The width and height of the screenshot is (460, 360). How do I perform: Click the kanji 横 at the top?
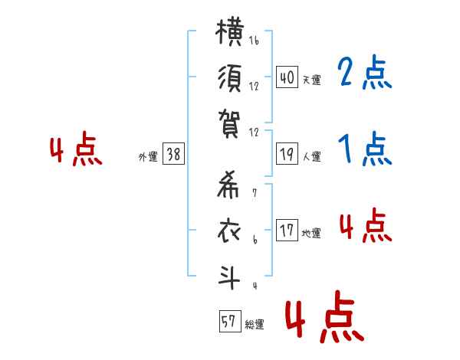coord(230,32)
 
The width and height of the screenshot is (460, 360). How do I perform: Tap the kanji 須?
coord(230,78)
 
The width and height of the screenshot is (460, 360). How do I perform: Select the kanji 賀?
coord(229,124)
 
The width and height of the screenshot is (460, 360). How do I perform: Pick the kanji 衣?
coord(228,231)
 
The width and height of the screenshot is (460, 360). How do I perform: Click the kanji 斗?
coord(229,277)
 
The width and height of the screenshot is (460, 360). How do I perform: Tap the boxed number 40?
coord(287,77)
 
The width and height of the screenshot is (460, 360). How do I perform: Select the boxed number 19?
coord(287,154)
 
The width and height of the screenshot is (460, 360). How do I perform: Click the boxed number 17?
coord(287,230)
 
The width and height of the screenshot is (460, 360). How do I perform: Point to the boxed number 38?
coord(173,154)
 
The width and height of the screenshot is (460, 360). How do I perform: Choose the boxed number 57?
coord(230,321)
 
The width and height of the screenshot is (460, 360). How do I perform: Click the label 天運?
coord(312,80)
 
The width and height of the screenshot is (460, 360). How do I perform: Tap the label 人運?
coord(312,156)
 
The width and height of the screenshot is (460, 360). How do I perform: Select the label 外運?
coord(148,156)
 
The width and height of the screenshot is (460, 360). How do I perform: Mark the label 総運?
coord(255,325)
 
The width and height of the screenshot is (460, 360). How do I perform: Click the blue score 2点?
coord(365,72)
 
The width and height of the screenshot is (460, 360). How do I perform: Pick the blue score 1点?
coord(365,149)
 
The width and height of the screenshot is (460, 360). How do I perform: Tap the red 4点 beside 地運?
coord(366,225)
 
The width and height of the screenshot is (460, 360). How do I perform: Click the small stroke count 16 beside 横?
coord(254,40)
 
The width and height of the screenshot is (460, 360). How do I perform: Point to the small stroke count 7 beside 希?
coord(255,193)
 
